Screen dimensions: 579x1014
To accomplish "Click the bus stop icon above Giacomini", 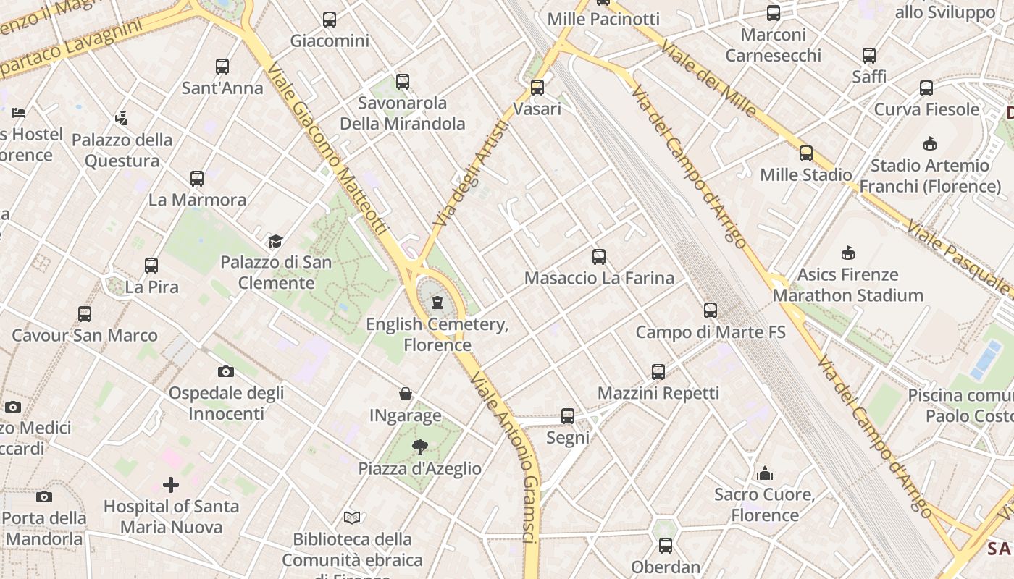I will (330, 20).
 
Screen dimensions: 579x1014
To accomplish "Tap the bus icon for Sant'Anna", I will (222, 67).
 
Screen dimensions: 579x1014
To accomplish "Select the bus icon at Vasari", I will (537, 88).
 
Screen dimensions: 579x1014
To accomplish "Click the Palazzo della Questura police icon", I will (122, 118).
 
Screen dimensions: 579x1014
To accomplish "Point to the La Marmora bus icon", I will (197, 178).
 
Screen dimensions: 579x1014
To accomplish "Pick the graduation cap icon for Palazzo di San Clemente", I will (275, 241).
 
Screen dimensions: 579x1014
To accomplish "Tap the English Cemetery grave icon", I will (437, 303).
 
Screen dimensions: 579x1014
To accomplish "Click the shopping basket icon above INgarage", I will (406, 394).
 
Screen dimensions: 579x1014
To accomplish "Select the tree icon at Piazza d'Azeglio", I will (419, 447).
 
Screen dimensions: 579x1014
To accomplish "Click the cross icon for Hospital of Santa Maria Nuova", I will (171, 484).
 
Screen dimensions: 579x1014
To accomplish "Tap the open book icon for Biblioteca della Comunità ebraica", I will (352, 517).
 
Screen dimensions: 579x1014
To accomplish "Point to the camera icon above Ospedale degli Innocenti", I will (226, 371).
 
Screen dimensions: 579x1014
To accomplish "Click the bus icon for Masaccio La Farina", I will (599, 256).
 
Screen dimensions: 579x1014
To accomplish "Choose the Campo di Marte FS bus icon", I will (711, 310).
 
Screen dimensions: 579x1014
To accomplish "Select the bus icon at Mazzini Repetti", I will (658, 371).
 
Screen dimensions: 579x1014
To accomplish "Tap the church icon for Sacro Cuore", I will (765, 473).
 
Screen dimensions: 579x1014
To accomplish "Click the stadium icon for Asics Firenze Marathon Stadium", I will (848, 253).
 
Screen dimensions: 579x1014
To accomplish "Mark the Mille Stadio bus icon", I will (806, 153).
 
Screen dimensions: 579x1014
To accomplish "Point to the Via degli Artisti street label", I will (471, 172).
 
